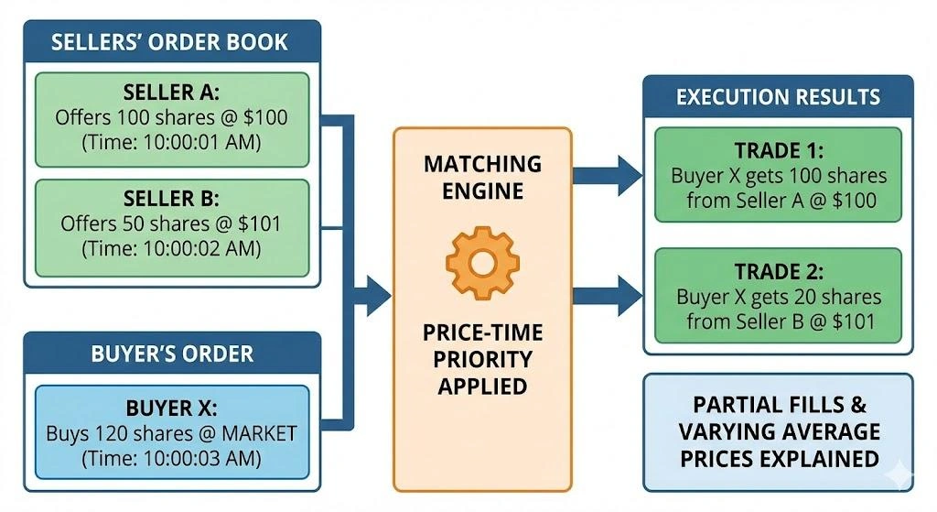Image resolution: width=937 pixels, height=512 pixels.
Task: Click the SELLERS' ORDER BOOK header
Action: [170, 42]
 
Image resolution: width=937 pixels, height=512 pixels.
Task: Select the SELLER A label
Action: [171, 93]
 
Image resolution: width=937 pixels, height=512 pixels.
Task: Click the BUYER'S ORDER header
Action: [171, 354]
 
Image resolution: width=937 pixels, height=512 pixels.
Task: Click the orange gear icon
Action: [482, 262]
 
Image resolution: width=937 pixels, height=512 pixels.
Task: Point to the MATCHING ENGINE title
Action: [482, 178]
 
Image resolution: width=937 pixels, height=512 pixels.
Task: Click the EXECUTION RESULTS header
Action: [778, 97]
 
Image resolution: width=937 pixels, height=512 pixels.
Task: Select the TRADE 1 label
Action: [778, 152]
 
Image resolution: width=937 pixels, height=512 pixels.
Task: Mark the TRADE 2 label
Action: [778, 273]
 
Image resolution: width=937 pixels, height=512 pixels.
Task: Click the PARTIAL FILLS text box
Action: [778, 431]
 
